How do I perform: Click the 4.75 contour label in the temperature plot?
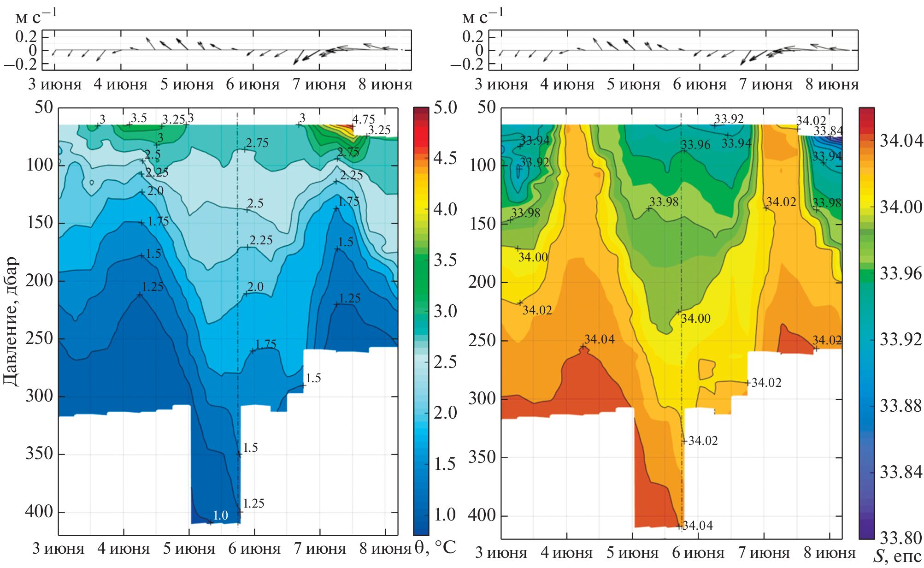(x=364, y=119)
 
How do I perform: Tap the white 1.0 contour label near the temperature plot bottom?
(x=220, y=515)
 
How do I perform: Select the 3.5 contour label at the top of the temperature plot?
(x=139, y=118)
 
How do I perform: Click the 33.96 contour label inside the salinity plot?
(x=695, y=145)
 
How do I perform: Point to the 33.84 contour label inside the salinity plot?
(x=828, y=131)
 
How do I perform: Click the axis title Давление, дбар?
(x=11, y=321)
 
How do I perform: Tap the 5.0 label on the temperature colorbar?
(x=445, y=107)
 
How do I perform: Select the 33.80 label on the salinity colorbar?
(x=900, y=538)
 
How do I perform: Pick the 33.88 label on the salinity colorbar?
(x=900, y=406)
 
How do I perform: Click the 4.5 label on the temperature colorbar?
(x=445, y=158)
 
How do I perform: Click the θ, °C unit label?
(x=435, y=548)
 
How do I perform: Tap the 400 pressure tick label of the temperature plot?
(x=39, y=511)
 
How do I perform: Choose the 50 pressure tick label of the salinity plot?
(x=486, y=107)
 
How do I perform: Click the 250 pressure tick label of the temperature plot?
(x=39, y=338)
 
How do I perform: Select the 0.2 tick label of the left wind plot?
(x=26, y=36)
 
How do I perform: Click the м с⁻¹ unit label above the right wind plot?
(x=483, y=17)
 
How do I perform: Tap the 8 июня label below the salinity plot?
(x=830, y=552)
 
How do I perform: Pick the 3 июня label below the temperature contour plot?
(x=58, y=549)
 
